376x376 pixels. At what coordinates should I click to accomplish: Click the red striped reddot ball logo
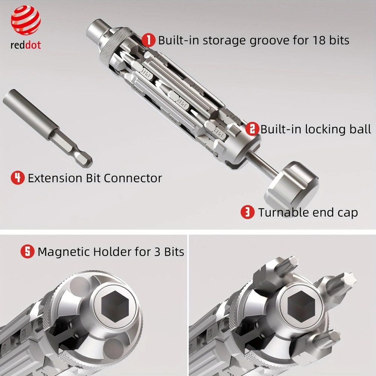tap(26, 20)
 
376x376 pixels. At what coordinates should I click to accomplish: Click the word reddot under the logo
tap(26, 45)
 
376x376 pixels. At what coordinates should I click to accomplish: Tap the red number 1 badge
tap(149, 40)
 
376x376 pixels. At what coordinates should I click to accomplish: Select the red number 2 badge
tap(252, 129)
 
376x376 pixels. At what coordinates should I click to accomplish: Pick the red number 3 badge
tap(247, 212)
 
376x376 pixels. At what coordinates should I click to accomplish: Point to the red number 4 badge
tap(18, 177)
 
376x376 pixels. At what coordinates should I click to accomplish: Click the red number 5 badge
tap(27, 251)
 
